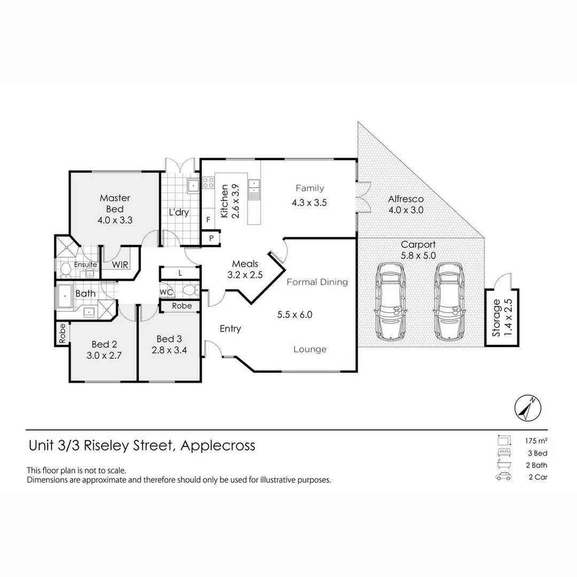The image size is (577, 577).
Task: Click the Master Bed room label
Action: [115, 203]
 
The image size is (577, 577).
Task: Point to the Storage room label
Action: [496, 317]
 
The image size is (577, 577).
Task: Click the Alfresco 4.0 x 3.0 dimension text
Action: [406, 210]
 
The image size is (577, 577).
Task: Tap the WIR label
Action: [119, 264]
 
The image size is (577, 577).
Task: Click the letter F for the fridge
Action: [208, 220]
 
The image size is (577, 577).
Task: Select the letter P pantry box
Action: [211, 238]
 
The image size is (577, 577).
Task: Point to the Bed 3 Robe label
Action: [182, 306]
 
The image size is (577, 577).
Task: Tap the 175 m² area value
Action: [537, 441]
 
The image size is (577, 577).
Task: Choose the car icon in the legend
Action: [503, 477]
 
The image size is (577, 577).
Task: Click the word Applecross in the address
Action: [218, 445]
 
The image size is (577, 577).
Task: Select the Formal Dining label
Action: [317, 282]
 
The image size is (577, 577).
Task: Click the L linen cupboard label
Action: [181, 273]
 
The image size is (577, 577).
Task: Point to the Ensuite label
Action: [85, 264]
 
